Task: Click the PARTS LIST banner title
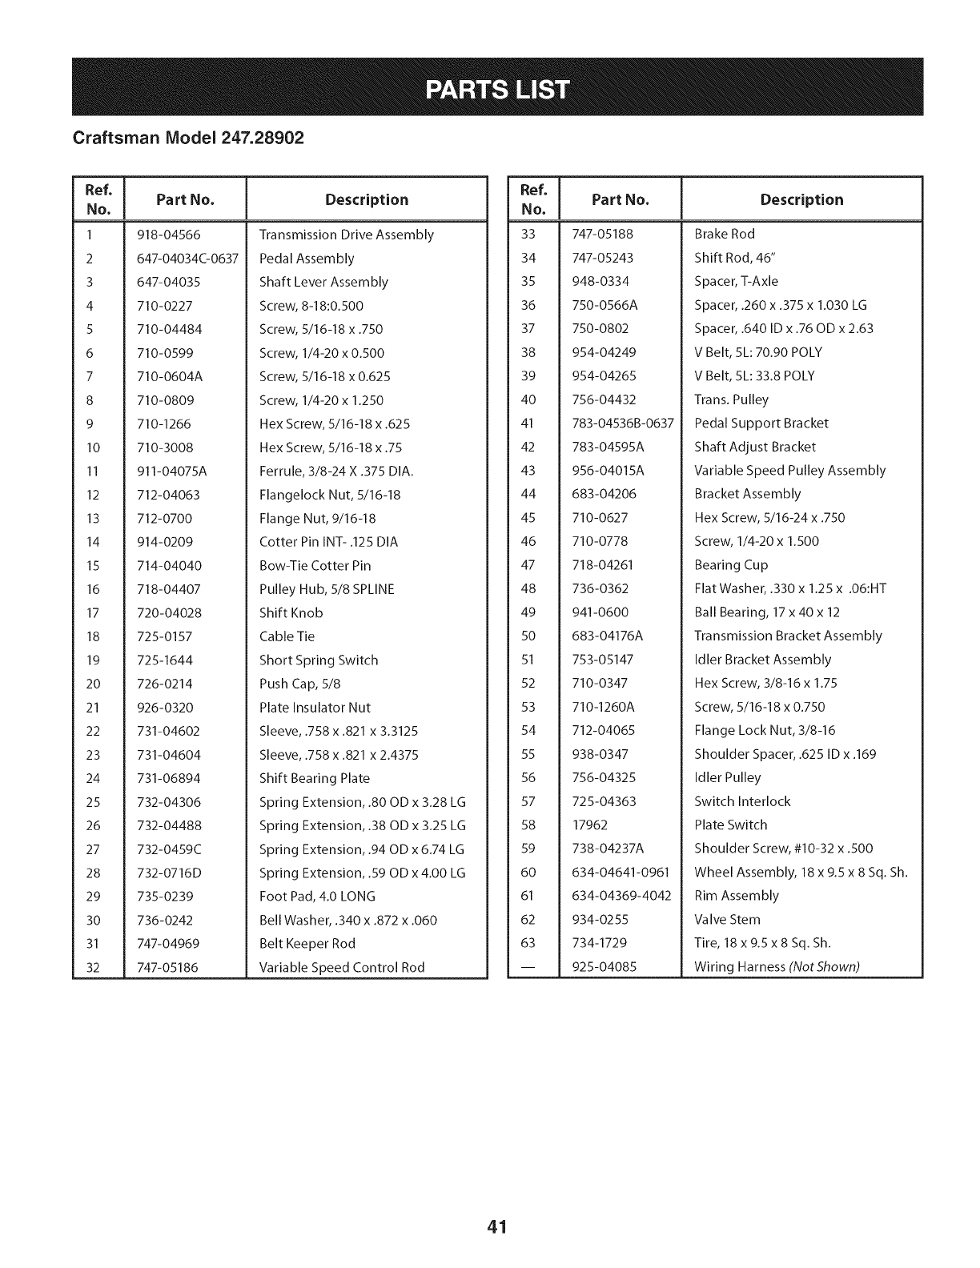[x=497, y=88]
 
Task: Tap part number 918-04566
[x=169, y=235]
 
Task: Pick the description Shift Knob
[x=291, y=613]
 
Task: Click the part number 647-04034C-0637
[x=188, y=259]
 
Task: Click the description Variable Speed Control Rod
[x=342, y=967]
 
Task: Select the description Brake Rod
[x=725, y=234]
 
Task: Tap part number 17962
[x=590, y=825]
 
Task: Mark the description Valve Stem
[x=727, y=920]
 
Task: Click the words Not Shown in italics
[x=824, y=967]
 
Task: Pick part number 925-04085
[x=604, y=967]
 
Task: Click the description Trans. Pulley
[x=731, y=399]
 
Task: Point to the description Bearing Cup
[x=731, y=565]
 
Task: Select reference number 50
[x=528, y=636]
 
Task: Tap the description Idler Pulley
[x=728, y=777]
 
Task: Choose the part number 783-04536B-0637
[x=623, y=423]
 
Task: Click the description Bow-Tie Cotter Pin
[x=315, y=566]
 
